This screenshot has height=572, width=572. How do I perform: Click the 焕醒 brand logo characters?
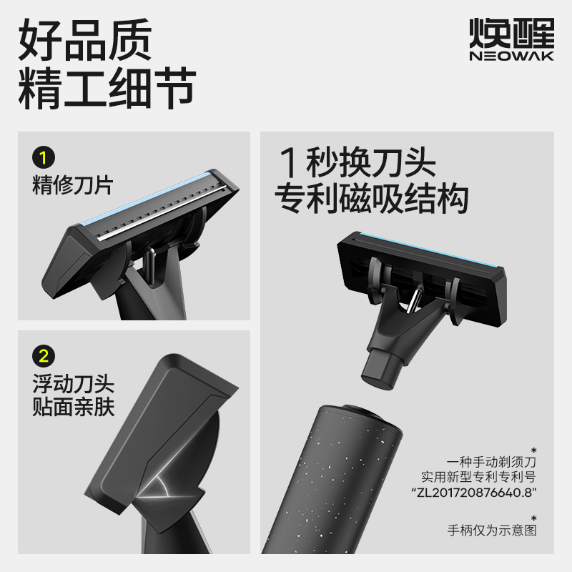coord(511,32)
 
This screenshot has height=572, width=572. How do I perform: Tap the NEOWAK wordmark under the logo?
coord(511,56)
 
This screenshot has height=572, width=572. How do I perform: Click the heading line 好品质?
coord(85,41)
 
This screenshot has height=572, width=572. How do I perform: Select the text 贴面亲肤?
coord(73,408)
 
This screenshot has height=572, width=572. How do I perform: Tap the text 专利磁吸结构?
coord(372,199)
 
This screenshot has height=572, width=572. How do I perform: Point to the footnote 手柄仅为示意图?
coord(491,530)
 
